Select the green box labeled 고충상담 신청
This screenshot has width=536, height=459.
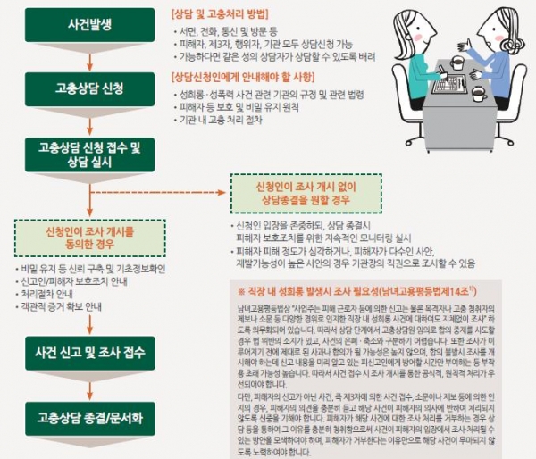[x=88, y=89]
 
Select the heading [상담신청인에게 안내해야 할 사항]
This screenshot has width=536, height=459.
[x=242, y=77]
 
